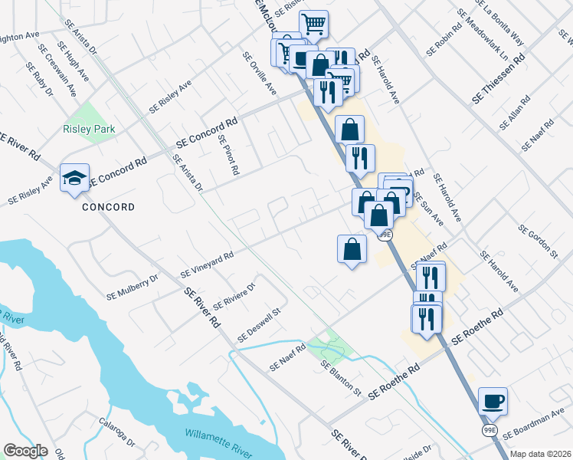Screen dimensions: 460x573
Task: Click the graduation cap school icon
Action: click(x=74, y=179)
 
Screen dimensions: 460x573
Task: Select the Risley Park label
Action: click(x=89, y=130)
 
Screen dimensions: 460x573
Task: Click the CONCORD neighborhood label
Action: click(x=109, y=207)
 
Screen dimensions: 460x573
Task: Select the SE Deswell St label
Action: click(x=260, y=325)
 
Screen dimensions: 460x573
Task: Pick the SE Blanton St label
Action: click(x=341, y=377)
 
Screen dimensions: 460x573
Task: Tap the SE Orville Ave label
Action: click(x=259, y=74)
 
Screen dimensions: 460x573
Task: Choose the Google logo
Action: click(x=26, y=451)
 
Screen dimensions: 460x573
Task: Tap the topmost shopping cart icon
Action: click(x=313, y=25)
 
